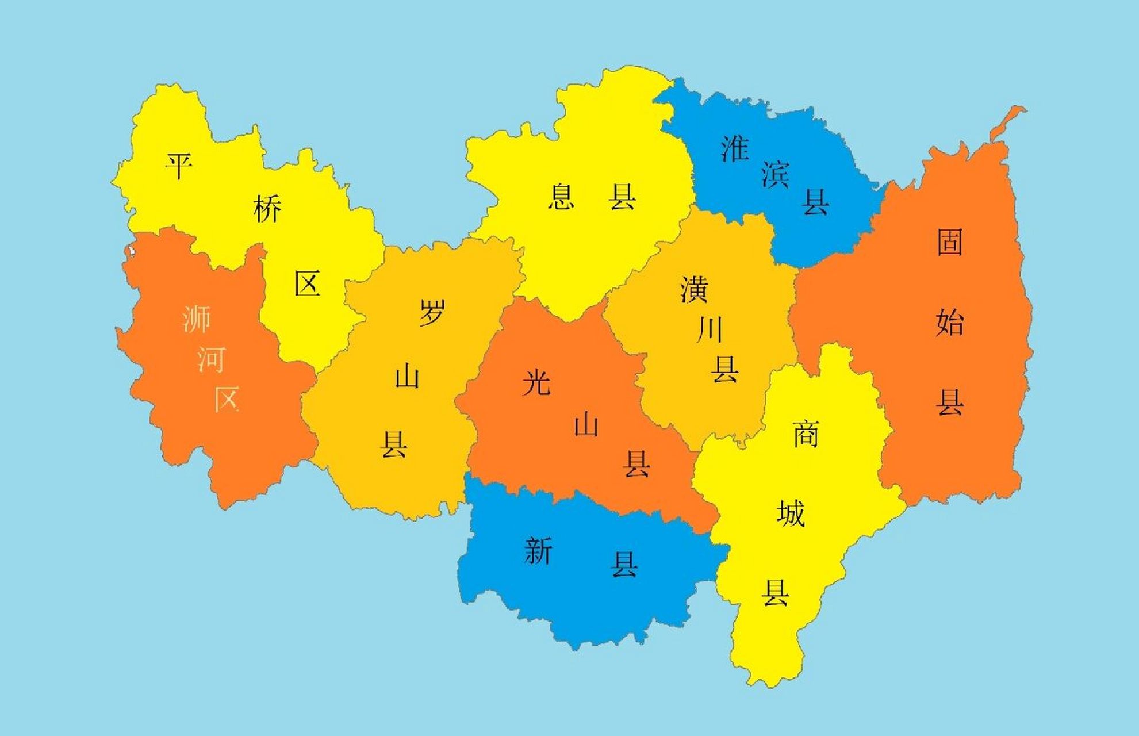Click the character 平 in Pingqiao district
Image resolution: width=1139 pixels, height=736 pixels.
pyautogui.click(x=178, y=166)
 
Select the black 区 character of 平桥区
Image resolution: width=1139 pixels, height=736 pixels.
pyautogui.click(x=307, y=283)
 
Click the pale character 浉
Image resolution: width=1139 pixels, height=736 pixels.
pyautogui.click(x=197, y=319)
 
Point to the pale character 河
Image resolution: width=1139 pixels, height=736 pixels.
pyautogui.click(x=211, y=360)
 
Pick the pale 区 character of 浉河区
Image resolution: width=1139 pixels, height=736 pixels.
pyautogui.click(x=227, y=398)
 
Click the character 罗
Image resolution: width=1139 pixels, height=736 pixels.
pyautogui.click(x=432, y=312)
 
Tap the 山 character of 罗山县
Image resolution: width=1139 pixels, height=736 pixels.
pyautogui.click(x=407, y=377)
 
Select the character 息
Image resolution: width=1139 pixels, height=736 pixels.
pyautogui.click(x=561, y=197)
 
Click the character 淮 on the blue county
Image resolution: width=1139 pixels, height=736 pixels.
pyautogui.click(x=735, y=148)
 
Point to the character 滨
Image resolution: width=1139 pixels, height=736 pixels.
pyautogui.click(x=776, y=174)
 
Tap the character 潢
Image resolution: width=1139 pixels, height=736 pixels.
pyautogui.click(x=694, y=289)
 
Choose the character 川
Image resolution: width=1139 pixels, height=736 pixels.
pyautogui.click(x=710, y=329)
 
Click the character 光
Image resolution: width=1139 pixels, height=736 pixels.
pyautogui.click(x=536, y=382)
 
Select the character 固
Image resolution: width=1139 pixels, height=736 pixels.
pyautogui.click(x=950, y=241)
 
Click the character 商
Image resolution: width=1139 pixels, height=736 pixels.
pyautogui.click(x=806, y=434)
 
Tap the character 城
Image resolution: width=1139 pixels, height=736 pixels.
pyautogui.click(x=791, y=513)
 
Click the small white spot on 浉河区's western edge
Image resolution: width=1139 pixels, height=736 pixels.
pyautogui.click(x=132, y=251)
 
